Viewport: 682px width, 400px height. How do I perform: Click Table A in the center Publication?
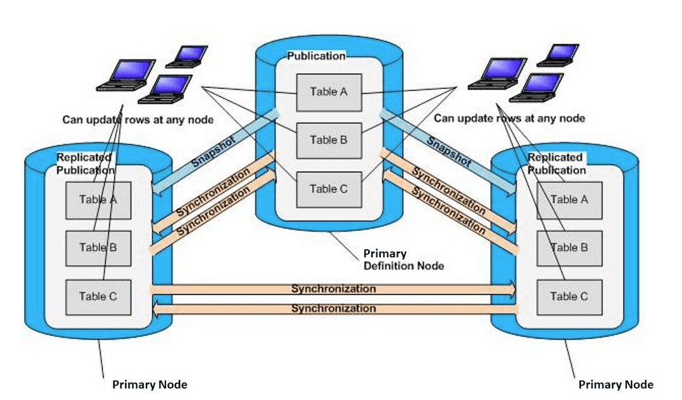click(328, 91)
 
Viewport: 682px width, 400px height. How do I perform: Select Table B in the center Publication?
click(328, 140)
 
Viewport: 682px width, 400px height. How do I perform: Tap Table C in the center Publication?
click(328, 189)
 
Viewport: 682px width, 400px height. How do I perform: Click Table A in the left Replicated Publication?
click(98, 200)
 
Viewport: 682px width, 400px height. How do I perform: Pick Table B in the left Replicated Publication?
click(98, 247)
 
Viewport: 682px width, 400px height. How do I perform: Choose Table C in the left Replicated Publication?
click(98, 297)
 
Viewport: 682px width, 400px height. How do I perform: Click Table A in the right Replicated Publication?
click(568, 200)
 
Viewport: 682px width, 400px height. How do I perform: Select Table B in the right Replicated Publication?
click(568, 247)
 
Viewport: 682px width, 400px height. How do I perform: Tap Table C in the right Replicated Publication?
click(568, 297)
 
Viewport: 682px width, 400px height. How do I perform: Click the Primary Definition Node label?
click(403, 260)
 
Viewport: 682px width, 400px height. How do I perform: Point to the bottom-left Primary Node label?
click(150, 384)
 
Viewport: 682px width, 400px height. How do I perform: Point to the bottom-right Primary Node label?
click(616, 384)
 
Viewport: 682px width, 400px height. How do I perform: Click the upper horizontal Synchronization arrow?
click(333, 289)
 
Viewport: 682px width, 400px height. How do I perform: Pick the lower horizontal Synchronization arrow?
click(333, 309)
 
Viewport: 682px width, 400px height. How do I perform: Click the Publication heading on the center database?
click(316, 56)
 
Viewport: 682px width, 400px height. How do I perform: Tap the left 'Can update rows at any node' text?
click(138, 119)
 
